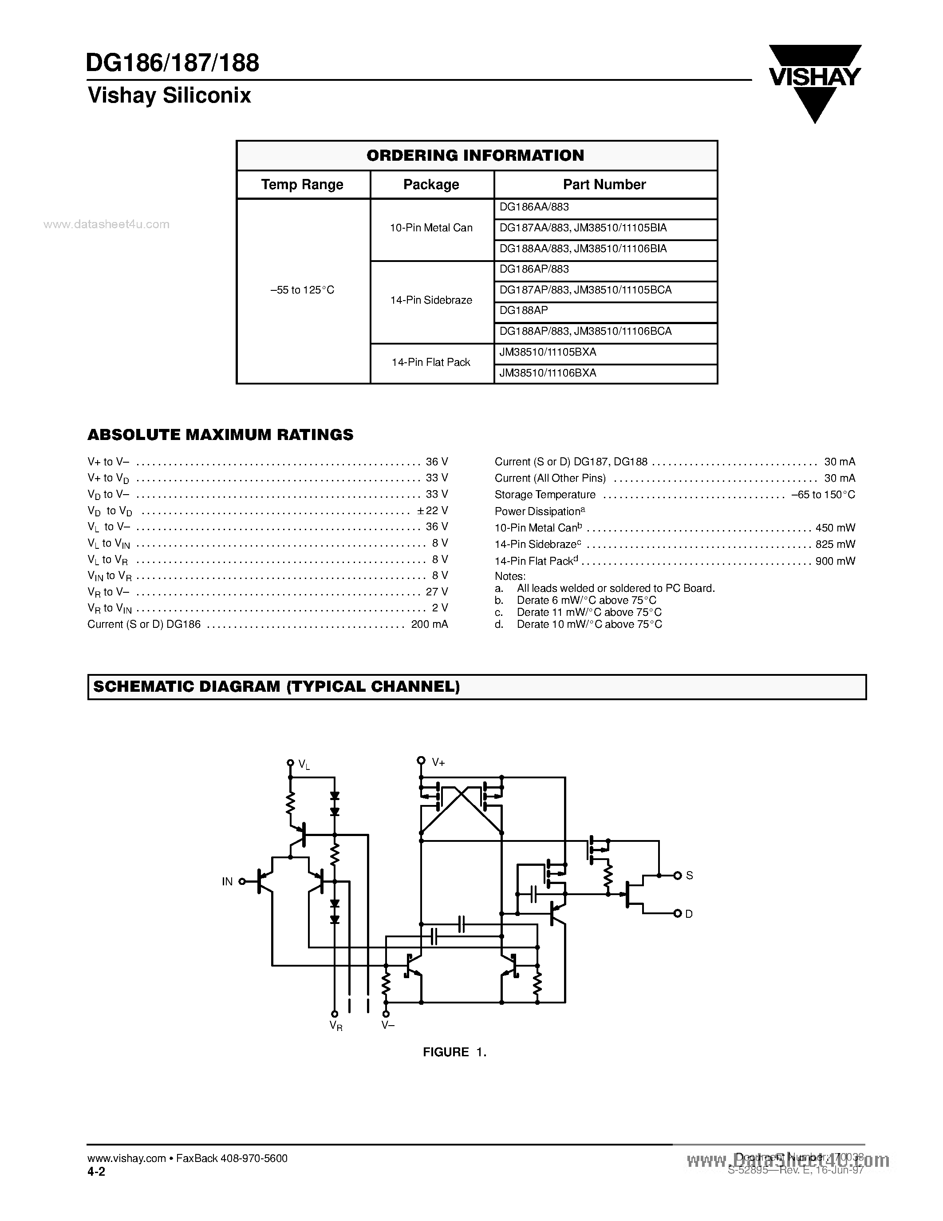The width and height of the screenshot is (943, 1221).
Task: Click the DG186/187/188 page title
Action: [x=173, y=63]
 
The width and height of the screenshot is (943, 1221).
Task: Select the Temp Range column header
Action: [x=302, y=185]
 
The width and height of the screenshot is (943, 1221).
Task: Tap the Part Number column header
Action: [x=604, y=185]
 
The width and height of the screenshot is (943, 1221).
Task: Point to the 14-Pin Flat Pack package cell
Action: [x=431, y=362]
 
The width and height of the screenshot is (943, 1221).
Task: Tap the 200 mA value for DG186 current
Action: [x=429, y=624]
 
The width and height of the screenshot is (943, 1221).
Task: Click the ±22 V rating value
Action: [x=432, y=511]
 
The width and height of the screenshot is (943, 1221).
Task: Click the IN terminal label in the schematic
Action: [x=227, y=882]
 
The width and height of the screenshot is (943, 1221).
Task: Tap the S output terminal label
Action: [x=689, y=876]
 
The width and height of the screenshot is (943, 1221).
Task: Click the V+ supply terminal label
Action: [x=438, y=762]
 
